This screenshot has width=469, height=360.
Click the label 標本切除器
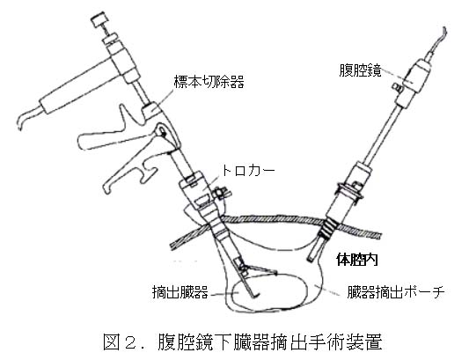[209, 81]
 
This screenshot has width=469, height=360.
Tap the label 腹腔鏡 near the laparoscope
[360, 70]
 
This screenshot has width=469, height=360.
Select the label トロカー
[247, 171]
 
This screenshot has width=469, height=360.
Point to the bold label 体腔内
[357, 259]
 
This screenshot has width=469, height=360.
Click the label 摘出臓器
[180, 292]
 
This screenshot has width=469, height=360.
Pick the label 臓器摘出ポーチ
[395, 292]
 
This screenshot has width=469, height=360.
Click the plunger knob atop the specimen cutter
[99, 19]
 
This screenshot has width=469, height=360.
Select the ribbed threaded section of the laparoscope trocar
[327, 229]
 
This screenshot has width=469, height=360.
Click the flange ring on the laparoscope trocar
[350, 192]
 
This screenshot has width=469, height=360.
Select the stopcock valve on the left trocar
[222, 193]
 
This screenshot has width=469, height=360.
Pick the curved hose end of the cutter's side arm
[26, 118]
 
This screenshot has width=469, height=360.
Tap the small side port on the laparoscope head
[397, 87]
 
